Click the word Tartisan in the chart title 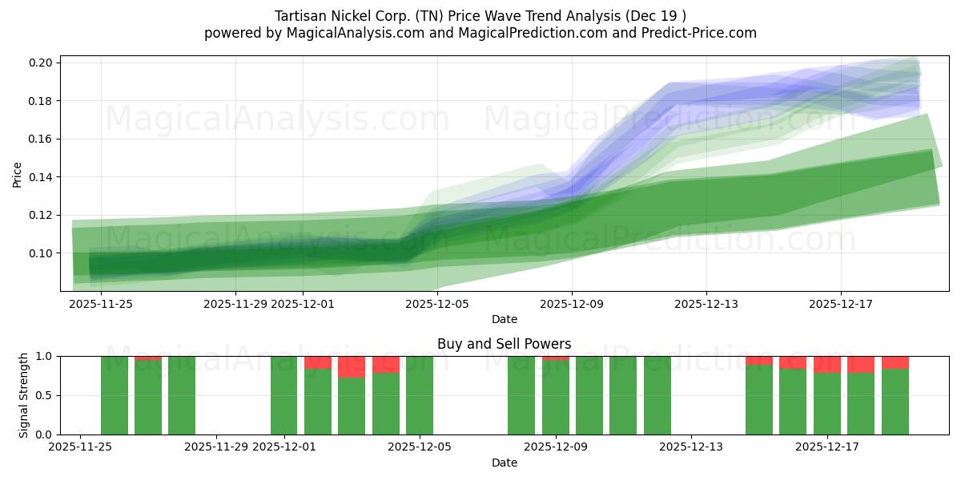pos(301,16)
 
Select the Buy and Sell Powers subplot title pos(504,344)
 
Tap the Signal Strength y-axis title pos(24,395)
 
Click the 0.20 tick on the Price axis pos(42,63)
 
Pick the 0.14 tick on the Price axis pos(42,177)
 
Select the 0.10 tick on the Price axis pos(42,253)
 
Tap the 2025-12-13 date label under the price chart pos(706,304)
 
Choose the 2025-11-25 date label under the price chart pos(101,304)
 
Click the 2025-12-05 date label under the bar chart pos(420,447)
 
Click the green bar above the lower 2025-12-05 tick pos(420,395)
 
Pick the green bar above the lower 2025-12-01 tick pos(284,395)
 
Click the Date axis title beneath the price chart pos(504,319)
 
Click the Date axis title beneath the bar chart pos(504,463)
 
